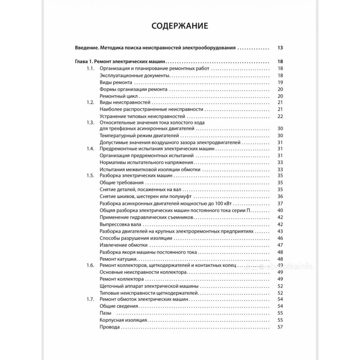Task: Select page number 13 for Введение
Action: click(279, 48)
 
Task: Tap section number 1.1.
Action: click(90, 68)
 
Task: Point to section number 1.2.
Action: click(90, 103)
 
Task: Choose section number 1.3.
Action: click(90, 122)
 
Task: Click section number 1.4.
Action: click(90, 148)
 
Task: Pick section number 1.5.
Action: click(90, 176)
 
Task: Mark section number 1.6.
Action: click(90, 265)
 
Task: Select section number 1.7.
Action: click(90, 299)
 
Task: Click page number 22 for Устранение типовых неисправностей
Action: click(279, 116)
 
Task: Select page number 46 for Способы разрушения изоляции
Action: click(279, 238)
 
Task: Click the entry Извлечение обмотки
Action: click(122, 245)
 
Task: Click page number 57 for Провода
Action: click(279, 327)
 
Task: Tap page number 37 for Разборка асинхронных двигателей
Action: click(279, 203)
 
